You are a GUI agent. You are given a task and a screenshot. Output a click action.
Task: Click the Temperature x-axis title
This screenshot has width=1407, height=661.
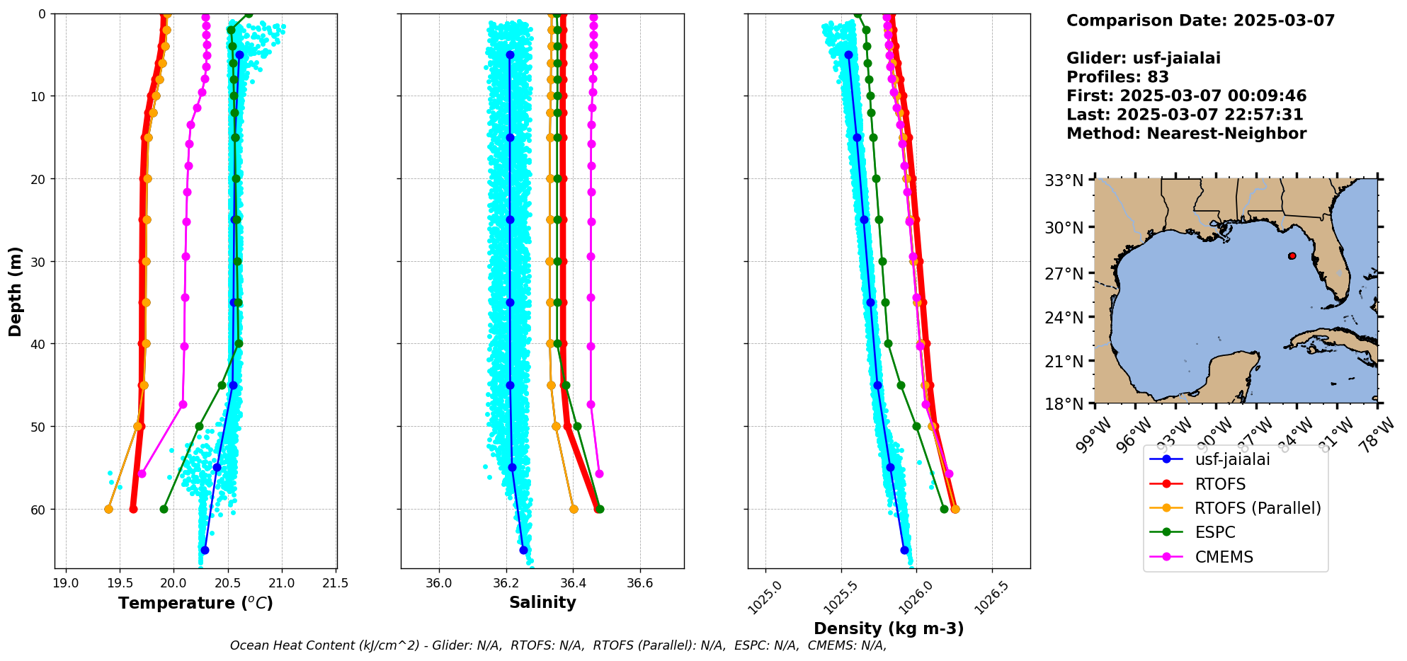195,603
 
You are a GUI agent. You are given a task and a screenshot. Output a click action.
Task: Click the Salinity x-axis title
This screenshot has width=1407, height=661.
542,602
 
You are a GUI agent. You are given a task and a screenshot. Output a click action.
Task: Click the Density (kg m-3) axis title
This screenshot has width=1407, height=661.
889,628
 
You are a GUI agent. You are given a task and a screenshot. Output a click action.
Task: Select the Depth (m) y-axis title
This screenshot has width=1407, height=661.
16,292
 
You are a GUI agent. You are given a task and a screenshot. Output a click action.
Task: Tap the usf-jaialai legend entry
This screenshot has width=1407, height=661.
1232,459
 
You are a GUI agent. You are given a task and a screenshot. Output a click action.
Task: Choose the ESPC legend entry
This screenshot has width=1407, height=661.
1214,532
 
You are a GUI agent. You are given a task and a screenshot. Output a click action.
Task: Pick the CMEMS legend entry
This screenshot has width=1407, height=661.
1224,557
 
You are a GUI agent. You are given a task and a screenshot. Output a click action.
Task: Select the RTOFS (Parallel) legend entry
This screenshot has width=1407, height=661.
1258,508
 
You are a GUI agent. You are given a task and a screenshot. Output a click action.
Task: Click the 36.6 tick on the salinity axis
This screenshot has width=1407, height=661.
640,584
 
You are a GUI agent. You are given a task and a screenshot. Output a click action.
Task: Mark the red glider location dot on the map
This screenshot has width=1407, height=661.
1292,256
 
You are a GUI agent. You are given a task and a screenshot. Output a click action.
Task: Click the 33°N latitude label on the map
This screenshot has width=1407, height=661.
1064,181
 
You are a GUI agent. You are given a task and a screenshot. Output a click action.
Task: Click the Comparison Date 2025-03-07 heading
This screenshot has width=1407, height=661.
1200,21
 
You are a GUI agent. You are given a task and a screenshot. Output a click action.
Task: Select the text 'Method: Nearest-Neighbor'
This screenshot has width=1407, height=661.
1186,134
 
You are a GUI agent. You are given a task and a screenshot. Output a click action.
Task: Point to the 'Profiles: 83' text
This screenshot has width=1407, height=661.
1117,77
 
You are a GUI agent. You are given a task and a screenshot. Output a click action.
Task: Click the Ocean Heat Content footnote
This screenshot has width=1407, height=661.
558,645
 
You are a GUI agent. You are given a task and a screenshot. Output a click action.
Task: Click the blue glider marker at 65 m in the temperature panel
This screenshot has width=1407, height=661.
205,550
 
